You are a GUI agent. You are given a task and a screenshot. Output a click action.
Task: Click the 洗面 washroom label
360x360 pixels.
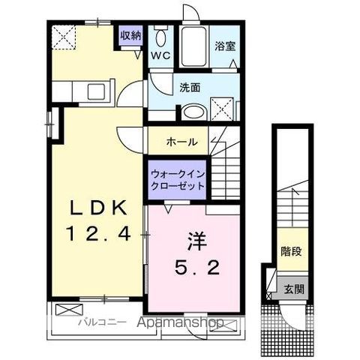click(x=189, y=87)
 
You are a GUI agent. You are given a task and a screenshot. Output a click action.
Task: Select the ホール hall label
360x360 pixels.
click(x=181, y=141)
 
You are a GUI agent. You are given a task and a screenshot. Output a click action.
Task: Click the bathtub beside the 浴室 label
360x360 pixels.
click(x=194, y=46)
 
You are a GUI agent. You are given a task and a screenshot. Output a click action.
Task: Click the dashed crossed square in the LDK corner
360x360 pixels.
click(x=62, y=35)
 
